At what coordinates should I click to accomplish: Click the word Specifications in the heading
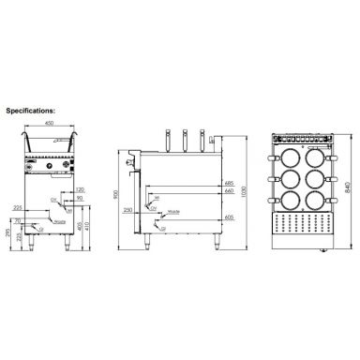click(31, 109)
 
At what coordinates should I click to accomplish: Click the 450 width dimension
click(46, 122)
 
